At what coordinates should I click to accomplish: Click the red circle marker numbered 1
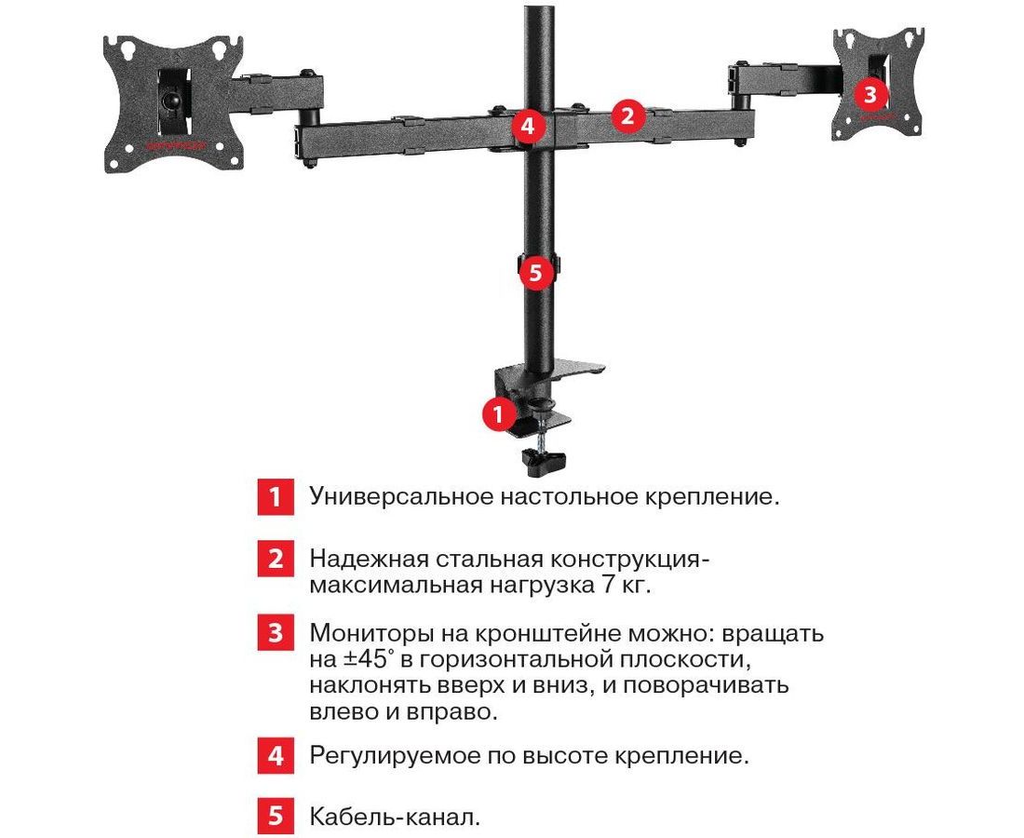point(499,413)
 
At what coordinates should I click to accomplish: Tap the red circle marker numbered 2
point(627,115)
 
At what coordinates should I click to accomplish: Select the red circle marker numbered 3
point(870,95)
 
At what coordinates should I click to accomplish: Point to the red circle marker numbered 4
point(529,126)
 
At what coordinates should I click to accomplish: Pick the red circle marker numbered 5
point(535,272)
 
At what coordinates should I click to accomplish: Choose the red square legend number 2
point(275,559)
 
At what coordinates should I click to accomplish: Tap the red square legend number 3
point(275,632)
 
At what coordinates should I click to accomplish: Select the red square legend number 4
point(275,756)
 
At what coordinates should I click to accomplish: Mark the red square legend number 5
point(275,816)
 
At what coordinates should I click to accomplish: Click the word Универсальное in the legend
point(401,498)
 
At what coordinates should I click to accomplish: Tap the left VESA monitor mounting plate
point(173,103)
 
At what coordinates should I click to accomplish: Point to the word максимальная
point(396,585)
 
